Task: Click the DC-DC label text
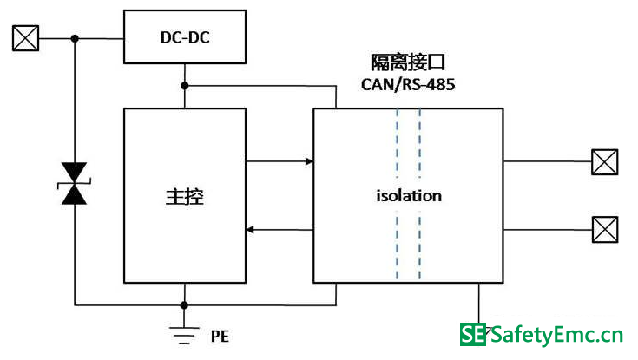[185, 37]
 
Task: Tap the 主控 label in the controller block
[185, 196]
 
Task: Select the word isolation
[409, 196]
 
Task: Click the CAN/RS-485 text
[408, 85]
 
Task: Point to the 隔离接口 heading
[408, 62]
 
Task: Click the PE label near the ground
[220, 337]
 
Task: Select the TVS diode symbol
[74, 183]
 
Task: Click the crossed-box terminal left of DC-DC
[26, 38]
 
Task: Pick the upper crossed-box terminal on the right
[605, 162]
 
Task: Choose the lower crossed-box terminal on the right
[605, 229]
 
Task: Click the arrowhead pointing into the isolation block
[309, 161]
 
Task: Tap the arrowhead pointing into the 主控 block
[250, 230]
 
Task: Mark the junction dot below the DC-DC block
[185, 86]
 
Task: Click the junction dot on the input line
[75, 39]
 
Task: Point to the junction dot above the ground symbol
[184, 305]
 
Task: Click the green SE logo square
[473, 334]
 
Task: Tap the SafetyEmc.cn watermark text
[556, 335]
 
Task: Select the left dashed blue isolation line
[398, 194]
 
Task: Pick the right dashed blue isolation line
[420, 194]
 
